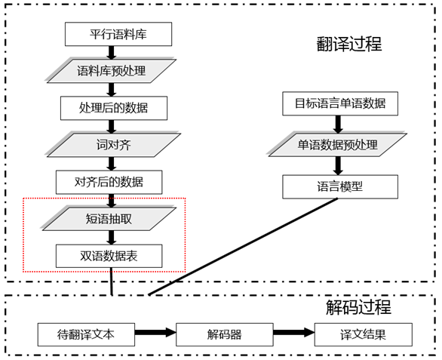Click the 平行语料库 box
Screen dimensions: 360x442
tap(118, 34)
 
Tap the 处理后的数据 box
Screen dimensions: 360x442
tap(113, 107)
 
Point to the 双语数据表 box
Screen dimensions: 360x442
tap(109, 255)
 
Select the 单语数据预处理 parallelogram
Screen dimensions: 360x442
tap(335, 144)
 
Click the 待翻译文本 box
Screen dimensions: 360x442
tap(86, 334)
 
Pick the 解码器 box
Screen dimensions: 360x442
tap(224, 334)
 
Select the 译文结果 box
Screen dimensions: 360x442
tap(364, 334)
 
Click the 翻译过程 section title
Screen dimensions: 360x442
tap(349, 45)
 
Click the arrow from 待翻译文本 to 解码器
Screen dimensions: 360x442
tap(155, 333)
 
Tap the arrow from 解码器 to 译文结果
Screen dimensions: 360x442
tap(293, 333)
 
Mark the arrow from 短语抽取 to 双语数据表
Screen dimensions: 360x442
tap(112, 236)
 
